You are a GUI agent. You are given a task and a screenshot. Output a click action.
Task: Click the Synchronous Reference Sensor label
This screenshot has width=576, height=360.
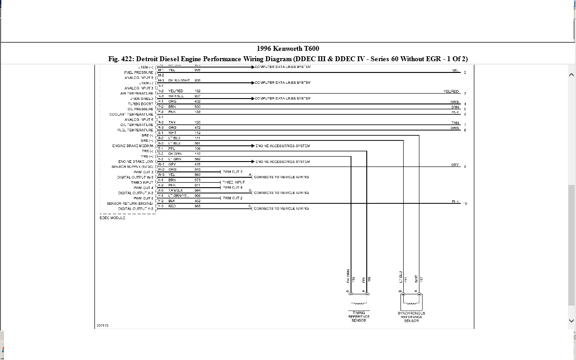point(411,317)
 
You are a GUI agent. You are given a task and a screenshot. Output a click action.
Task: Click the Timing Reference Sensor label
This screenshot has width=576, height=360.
point(359,316)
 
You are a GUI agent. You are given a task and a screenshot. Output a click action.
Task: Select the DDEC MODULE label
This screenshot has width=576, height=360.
point(112,218)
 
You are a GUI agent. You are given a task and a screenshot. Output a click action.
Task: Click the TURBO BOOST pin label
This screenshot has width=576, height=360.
point(140,104)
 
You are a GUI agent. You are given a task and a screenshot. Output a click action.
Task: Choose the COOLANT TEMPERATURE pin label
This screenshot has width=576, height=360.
point(131,114)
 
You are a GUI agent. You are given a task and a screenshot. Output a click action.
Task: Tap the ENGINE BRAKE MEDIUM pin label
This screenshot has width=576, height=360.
point(133,146)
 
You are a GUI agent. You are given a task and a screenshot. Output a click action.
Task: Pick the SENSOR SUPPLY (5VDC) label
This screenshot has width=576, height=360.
point(132,167)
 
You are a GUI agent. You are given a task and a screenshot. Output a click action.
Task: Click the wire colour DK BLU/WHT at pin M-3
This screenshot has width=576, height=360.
point(179,81)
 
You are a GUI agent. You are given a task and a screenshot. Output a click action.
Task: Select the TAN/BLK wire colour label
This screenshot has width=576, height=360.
point(176,190)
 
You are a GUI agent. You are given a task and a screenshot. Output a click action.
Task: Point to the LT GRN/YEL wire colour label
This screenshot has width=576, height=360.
point(179,196)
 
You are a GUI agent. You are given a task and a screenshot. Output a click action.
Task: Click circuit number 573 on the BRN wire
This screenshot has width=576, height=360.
point(198,180)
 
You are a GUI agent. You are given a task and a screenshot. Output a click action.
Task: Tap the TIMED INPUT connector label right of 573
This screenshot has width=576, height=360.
point(234,182)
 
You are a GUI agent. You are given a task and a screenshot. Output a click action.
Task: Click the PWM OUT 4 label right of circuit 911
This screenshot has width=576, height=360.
point(233,188)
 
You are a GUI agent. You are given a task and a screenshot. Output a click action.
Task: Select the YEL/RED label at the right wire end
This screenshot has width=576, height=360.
point(451,91)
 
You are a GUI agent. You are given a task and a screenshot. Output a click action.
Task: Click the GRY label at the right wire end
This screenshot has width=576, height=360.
point(455,165)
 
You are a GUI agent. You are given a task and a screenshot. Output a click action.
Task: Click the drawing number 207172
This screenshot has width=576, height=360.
point(103,325)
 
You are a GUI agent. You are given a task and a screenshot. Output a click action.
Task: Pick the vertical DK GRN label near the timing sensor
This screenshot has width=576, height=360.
point(348,276)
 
